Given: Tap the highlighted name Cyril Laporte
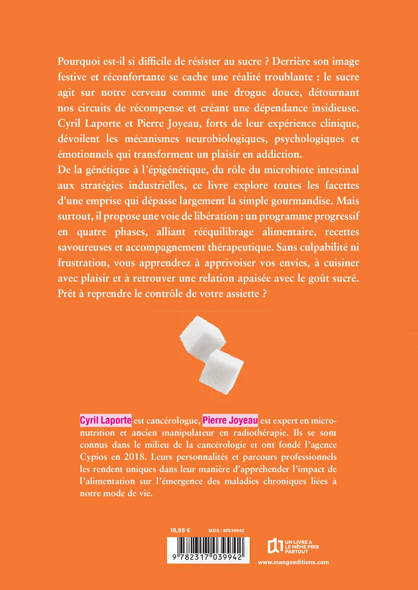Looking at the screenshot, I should (105, 420).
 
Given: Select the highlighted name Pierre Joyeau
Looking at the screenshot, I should (230, 420).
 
